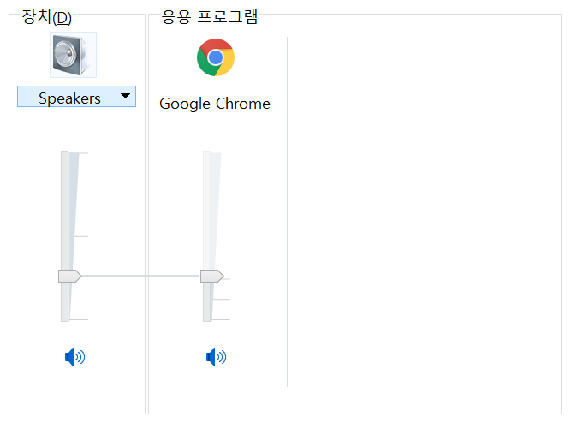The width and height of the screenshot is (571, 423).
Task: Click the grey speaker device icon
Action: (73, 55)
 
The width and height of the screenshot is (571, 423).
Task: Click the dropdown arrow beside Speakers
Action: (126, 97)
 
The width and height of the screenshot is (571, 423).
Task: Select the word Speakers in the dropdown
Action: (69, 98)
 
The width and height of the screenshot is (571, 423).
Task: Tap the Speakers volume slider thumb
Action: (69, 276)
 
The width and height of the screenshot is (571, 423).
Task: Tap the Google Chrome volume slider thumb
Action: (211, 276)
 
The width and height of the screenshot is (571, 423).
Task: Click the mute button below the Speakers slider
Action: (75, 357)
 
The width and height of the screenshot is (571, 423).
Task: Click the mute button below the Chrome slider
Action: (217, 357)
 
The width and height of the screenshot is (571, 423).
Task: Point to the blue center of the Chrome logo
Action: (216, 57)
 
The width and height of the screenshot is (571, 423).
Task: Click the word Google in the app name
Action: (183, 104)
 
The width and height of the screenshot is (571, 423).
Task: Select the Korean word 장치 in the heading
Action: (37, 17)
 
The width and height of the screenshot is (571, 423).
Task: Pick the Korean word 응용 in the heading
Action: (175, 16)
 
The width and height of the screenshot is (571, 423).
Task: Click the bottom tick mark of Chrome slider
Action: (221, 319)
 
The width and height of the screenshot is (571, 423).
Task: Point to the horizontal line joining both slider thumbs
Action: (141, 276)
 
